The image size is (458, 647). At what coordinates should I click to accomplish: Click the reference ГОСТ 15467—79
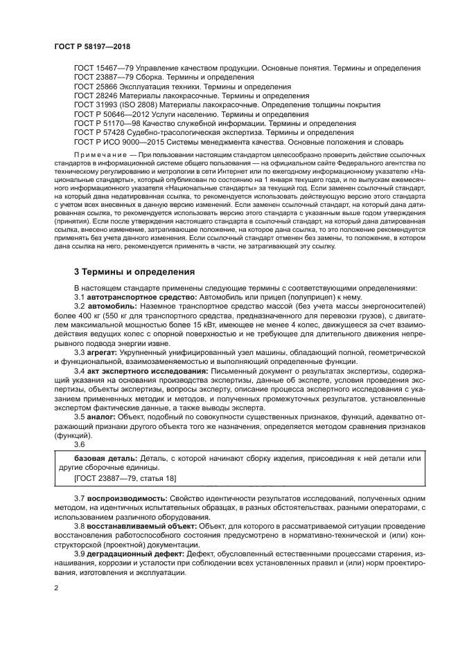(96, 69)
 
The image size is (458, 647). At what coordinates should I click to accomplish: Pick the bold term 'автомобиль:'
(112, 306)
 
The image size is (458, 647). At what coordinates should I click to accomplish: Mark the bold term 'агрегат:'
(103, 352)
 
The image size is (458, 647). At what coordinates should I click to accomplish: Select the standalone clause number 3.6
(80, 444)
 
